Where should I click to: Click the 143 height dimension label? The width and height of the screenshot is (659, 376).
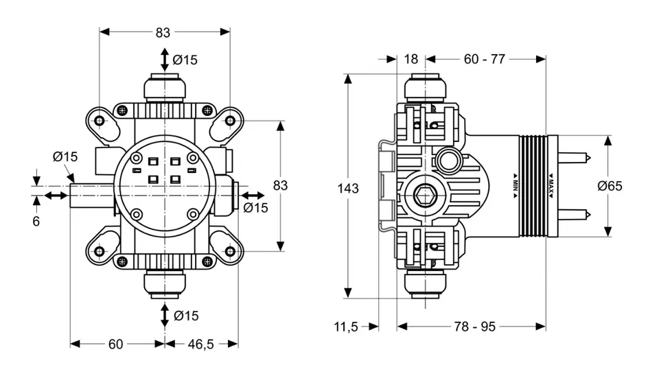tap(349, 188)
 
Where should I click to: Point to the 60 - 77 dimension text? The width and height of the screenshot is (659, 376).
tap(484, 59)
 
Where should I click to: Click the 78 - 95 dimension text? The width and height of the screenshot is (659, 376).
tap(474, 327)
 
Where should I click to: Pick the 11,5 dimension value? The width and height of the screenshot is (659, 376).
tap(347, 327)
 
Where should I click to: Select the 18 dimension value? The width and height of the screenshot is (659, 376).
tap(411, 59)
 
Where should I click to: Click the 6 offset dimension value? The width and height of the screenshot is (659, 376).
tap(36, 221)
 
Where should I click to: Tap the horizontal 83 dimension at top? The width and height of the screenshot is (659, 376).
tap(163, 32)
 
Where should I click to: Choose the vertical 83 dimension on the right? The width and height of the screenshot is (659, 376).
tap(280, 185)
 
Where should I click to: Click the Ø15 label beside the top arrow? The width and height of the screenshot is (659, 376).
tap(185, 60)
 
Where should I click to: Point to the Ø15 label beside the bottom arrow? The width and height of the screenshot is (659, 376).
tap(186, 316)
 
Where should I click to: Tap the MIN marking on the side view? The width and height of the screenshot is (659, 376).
tap(515, 185)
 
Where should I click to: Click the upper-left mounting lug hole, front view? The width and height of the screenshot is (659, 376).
tap(101, 121)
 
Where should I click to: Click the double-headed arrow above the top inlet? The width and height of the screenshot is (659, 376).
tap(165, 59)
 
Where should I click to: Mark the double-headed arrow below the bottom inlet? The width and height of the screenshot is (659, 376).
tap(165, 316)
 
